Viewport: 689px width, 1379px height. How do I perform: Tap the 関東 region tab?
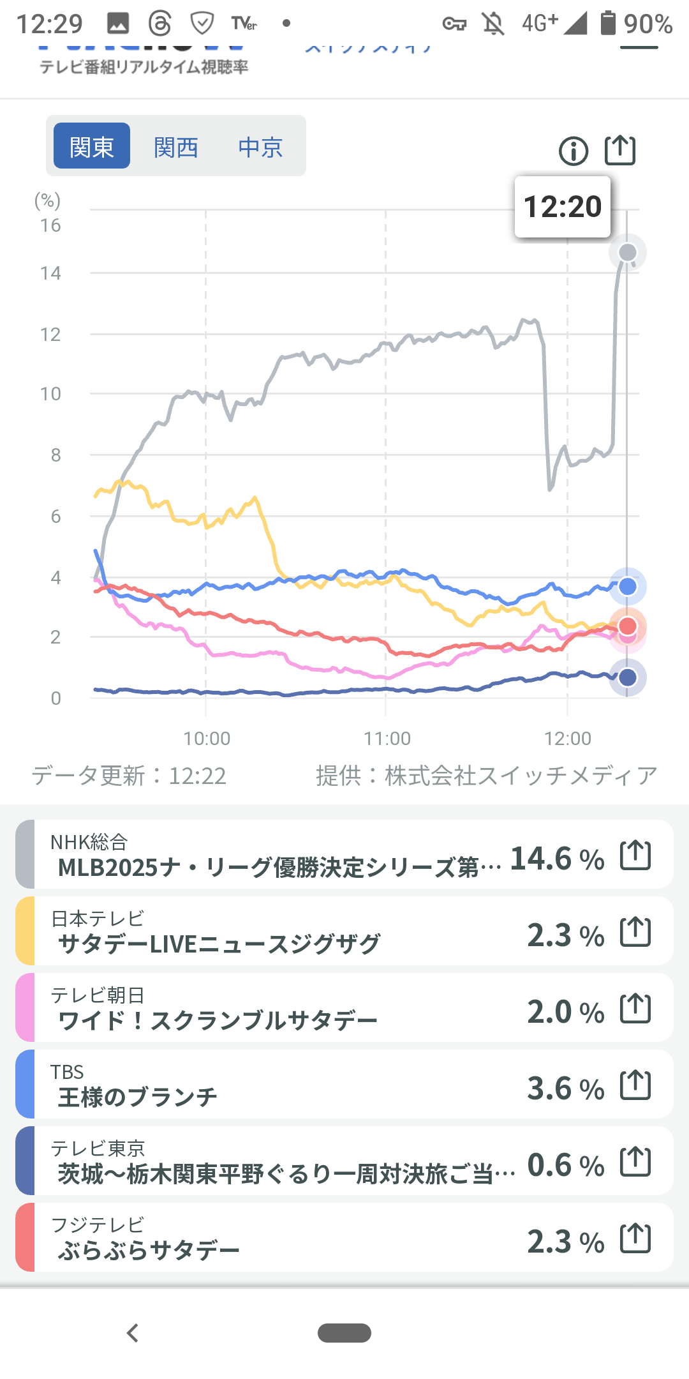pos(92,146)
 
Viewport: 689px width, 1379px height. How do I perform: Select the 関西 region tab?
pos(176,147)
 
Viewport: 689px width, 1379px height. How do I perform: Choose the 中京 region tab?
pos(260,147)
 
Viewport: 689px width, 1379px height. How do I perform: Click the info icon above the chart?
pos(574,151)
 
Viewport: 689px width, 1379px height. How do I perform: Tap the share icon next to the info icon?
pos(620,151)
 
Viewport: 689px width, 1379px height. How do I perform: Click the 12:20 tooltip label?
pos(563,207)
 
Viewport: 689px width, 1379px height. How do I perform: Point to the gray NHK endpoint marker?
pos(628,253)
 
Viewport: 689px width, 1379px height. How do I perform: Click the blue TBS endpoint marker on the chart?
pos(628,587)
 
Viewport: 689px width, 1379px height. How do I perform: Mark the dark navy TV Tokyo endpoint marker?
pos(628,677)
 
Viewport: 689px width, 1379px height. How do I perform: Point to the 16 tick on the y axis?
pos(50,225)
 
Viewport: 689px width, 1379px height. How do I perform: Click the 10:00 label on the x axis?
pos(207,739)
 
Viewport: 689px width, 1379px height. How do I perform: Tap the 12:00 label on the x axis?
pos(568,739)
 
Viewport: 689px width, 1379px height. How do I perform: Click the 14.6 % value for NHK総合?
pos(557,859)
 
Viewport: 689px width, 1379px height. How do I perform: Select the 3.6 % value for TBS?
pos(565,1089)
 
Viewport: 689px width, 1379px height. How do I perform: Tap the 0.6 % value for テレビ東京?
pos(565,1165)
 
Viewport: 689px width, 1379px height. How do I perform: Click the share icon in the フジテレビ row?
pos(636,1239)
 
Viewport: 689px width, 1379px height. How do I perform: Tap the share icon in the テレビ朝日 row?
pos(636,1009)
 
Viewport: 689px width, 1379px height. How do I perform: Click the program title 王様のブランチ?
pos(138,1097)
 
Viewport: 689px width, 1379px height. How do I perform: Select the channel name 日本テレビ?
pos(98,919)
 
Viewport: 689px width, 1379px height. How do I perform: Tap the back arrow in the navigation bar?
pos(133,1333)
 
